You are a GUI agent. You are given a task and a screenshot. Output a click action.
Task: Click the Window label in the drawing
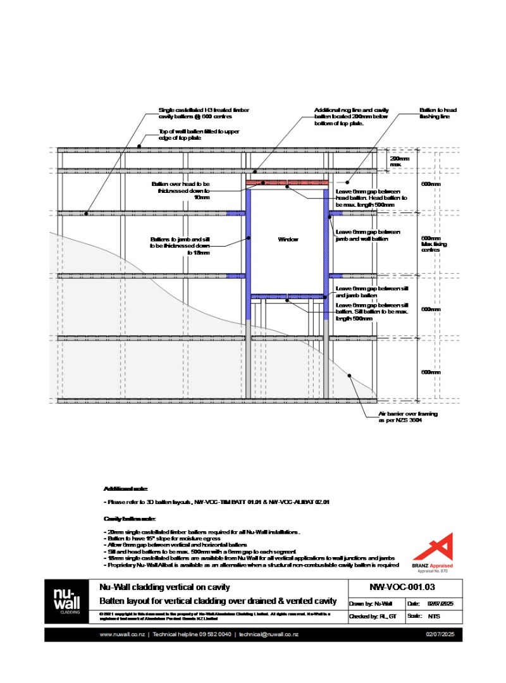pos(288,240)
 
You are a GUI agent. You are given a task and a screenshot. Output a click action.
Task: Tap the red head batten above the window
pos(288,183)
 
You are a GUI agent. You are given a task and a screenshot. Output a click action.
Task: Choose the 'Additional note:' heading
pos(125,489)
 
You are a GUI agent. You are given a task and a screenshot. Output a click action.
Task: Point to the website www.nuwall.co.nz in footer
pos(122,634)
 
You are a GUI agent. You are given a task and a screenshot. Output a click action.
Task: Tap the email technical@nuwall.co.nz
pos(269,634)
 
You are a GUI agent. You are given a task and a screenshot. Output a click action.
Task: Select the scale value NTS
pos(434,615)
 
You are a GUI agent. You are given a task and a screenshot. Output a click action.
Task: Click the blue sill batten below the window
pos(288,296)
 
